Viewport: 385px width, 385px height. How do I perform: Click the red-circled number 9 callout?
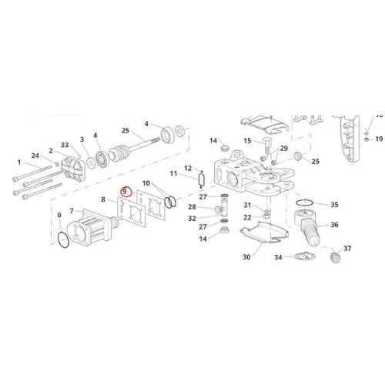pyautogui.click(x=126, y=192)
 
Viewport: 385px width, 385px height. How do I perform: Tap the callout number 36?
pyautogui.click(x=334, y=225)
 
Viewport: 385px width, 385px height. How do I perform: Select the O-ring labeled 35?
pyautogui.click(x=305, y=203)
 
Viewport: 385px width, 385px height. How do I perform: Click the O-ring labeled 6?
pyautogui.click(x=63, y=239)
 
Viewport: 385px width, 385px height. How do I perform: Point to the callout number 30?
pyautogui.click(x=246, y=257)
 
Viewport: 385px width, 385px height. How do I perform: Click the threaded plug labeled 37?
pyautogui.click(x=335, y=257)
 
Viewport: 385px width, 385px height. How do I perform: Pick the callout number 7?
pyautogui.click(x=72, y=211)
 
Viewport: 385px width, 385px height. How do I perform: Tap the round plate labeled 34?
pyautogui.click(x=305, y=256)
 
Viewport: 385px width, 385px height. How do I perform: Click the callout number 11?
pyautogui.click(x=173, y=173)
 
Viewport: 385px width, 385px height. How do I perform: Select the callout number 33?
pyautogui.click(x=65, y=145)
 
